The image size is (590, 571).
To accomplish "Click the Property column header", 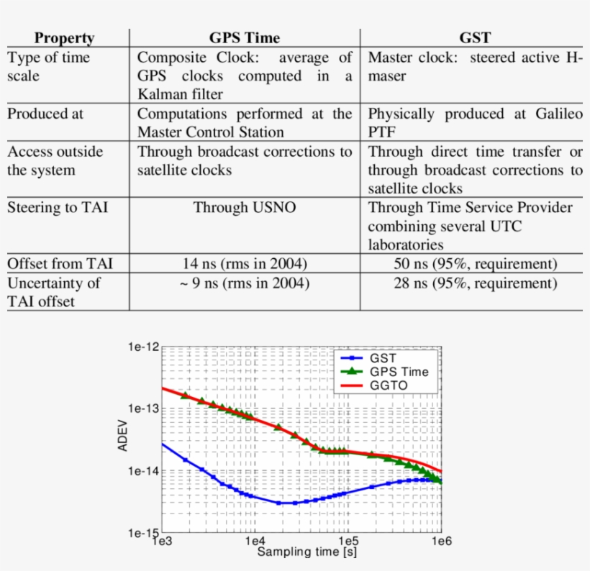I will (65, 39).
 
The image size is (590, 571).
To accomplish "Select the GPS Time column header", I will (245, 39).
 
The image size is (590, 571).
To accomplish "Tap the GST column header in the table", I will (475, 39).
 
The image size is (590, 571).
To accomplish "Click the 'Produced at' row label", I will (45, 114).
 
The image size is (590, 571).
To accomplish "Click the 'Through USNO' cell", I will (245, 208).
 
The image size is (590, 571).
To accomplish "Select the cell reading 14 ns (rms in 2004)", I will (245, 264).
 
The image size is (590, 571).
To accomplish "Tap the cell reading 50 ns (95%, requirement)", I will (475, 264).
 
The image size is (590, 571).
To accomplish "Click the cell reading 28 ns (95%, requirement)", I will (475, 283).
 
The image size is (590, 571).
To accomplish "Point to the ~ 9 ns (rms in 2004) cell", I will (245, 283).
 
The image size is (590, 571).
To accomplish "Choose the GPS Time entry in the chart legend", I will (399, 372).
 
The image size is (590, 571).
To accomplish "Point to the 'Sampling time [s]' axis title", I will (307, 553).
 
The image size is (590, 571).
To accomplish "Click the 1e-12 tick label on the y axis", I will (143, 347).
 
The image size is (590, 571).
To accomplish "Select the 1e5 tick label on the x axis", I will (348, 541).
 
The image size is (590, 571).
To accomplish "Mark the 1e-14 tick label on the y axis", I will (143, 472).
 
